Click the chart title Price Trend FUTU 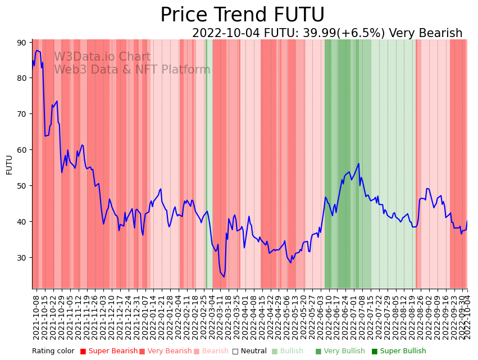[242, 15]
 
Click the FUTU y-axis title [9, 165]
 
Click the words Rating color [53, 351]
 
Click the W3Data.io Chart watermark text [102, 57]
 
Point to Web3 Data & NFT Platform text [132, 70]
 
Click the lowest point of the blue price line [224, 277]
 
